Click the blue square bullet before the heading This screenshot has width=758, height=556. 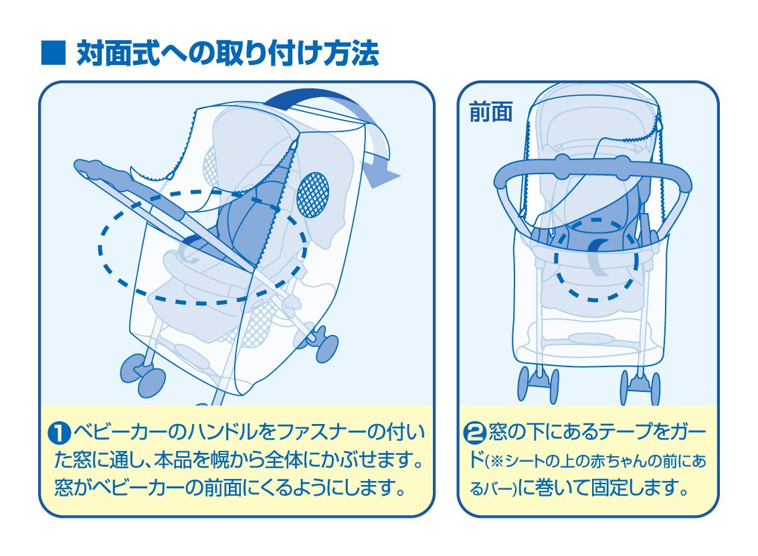click(x=53, y=53)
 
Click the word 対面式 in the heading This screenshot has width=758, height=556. click(x=118, y=53)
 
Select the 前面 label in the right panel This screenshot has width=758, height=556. click(x=490, y=113)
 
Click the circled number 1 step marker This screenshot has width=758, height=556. click(x=60, y=433)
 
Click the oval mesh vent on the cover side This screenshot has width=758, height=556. click(x=313, y=194)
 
